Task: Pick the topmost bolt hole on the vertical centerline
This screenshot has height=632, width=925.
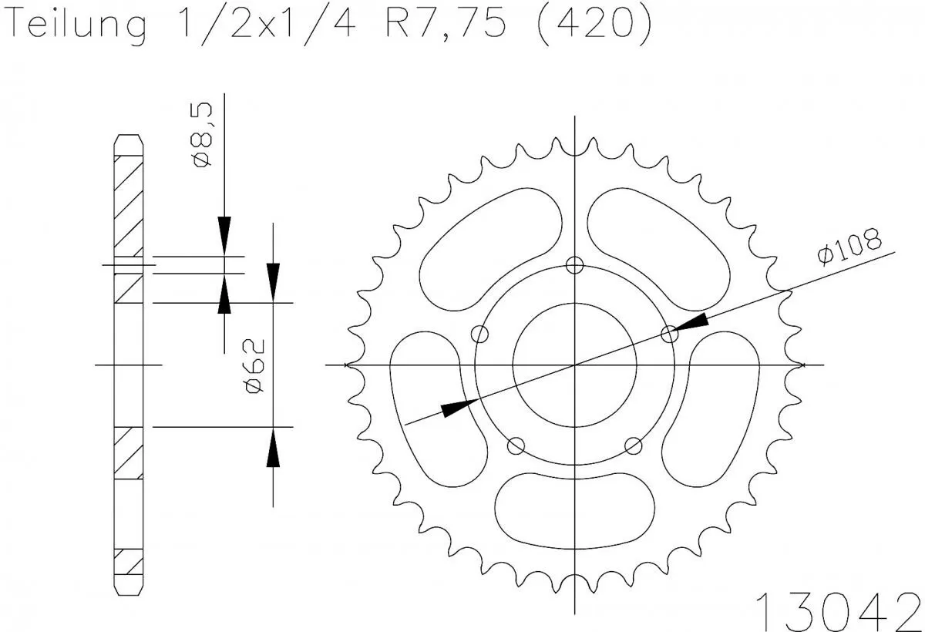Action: click(574, 265)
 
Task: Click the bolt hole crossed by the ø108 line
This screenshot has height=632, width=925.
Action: click(670, 334)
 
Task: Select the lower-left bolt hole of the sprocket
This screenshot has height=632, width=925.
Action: click(516, 445)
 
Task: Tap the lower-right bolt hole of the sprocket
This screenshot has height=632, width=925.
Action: click(634, 445)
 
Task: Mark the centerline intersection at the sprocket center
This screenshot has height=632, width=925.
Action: click(574, 365)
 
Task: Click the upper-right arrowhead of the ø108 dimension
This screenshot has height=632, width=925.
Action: click(695, 322)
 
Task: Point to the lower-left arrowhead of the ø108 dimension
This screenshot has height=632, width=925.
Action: click(456, 408)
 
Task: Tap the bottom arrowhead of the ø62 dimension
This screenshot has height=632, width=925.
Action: click(273, 449)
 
